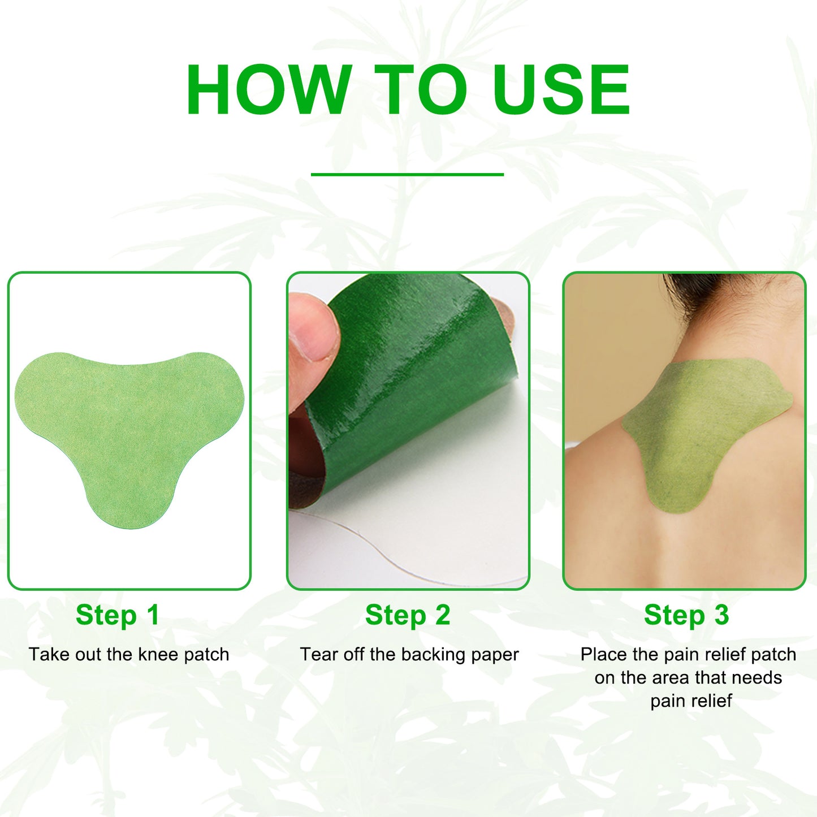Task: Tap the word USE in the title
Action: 560,90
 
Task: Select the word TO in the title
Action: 420,90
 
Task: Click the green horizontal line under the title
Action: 407,174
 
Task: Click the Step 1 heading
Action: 118,615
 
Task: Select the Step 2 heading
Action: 408,615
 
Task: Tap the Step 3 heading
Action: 686,615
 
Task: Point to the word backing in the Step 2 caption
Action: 434,655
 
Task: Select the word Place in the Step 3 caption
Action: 604,655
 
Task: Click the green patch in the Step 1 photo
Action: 129,430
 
